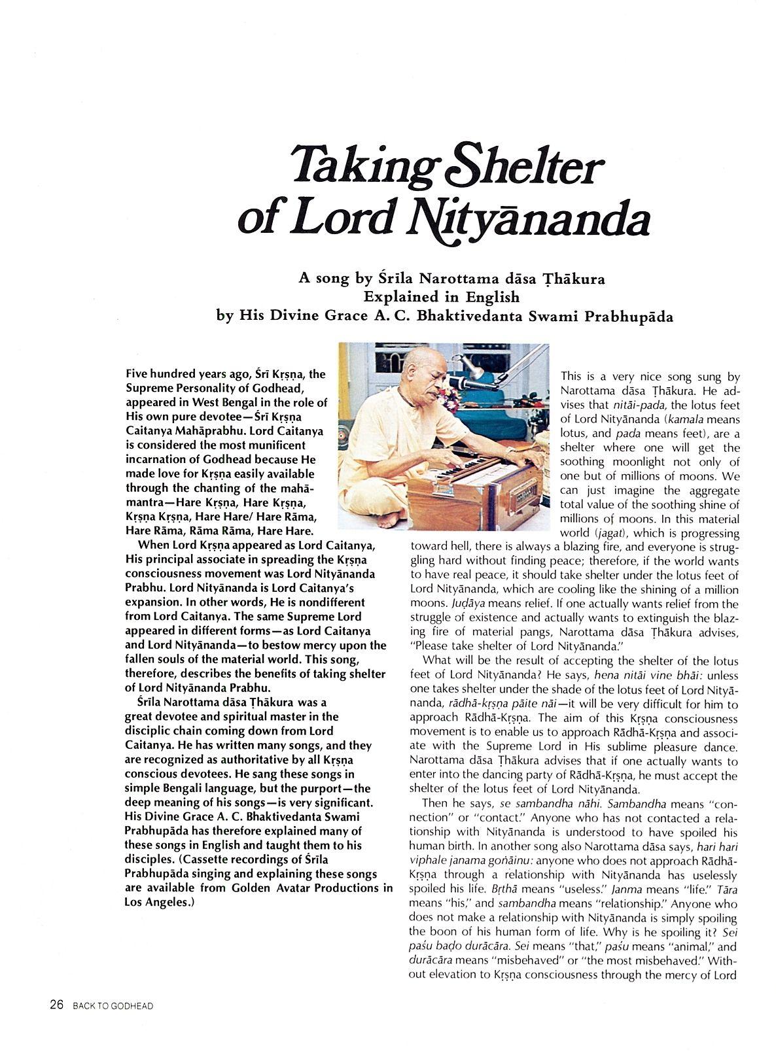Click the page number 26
[56, 1005]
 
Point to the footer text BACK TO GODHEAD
[113, 1006]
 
